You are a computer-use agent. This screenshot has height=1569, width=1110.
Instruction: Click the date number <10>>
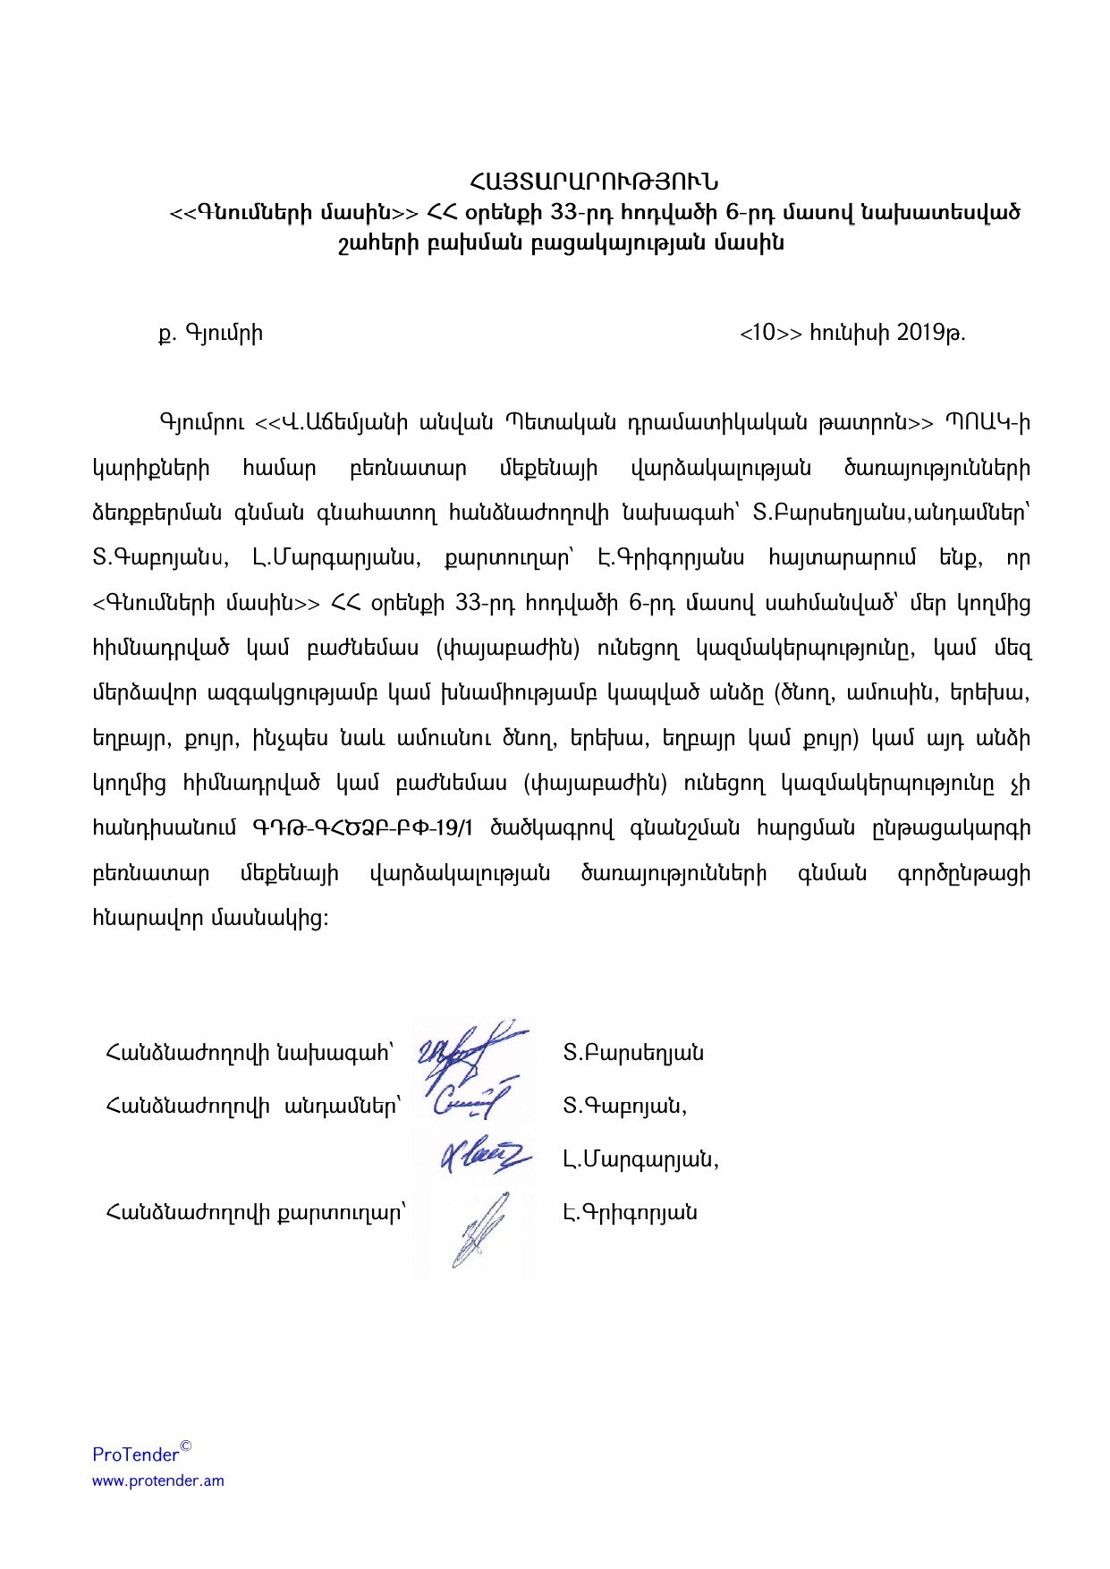click(x=770, y=333)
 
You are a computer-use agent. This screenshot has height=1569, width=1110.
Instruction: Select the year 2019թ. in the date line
click(x=930, y=333)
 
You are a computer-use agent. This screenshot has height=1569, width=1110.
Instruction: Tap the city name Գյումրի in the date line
click(x=224, y=334)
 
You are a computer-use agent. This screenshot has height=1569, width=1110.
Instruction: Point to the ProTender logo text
click(x=136, y=1455)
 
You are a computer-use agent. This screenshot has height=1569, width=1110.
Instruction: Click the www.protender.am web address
click(x=158, y=1480)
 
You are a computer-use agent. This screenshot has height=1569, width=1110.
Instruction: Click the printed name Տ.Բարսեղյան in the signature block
click(x=633, y=1053)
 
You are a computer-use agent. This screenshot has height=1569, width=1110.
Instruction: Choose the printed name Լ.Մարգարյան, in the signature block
click(x=641, y=1160)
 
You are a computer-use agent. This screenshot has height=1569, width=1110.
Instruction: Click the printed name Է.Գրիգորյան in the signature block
click(x=630, y=1213)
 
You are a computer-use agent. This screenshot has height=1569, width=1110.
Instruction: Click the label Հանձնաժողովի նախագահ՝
click(x=250, y=1053)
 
